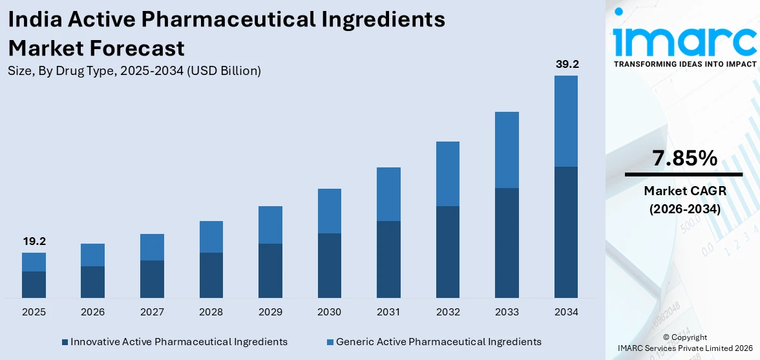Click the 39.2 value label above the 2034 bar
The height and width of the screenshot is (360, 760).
tap(566, 64)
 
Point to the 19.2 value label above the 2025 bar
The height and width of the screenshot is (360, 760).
tap(34, 241)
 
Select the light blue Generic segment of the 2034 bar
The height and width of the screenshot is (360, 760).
tap(566, 121)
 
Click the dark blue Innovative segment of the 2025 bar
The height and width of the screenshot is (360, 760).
tap(34, 284)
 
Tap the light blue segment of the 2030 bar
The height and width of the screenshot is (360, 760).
tap(330, 211)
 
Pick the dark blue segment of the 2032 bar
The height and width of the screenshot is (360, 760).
tap(448, 251)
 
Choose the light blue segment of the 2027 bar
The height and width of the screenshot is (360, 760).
tap(152, 247)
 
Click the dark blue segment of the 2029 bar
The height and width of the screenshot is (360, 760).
tap(270, 270)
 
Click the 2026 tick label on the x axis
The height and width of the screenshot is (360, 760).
tap(93, 312)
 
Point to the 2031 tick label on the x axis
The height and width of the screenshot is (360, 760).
tap(388, 312)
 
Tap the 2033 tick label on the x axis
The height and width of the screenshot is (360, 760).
tap(507, 312)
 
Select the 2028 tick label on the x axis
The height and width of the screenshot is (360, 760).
tap(211, 312)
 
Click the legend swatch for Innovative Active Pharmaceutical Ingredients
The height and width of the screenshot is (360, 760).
tap(65, 341)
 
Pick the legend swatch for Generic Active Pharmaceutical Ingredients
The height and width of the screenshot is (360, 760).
tap(330, 341)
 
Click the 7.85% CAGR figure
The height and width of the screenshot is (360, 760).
tap(684, 158)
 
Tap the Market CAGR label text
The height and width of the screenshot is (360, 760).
tap(684, 191)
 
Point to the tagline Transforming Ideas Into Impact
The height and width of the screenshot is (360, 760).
tap(684, 64)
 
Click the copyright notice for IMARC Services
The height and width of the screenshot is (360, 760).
tap(685, 343)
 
